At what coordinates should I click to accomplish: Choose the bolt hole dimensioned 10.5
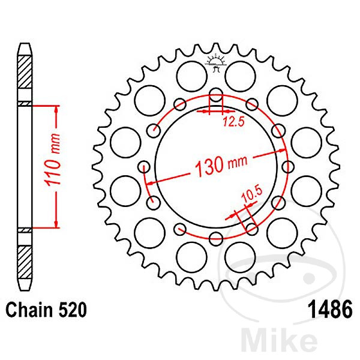coord(252,227)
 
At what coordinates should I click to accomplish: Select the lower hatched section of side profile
coord(24,257)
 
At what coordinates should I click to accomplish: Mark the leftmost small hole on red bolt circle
coord(143,166)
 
